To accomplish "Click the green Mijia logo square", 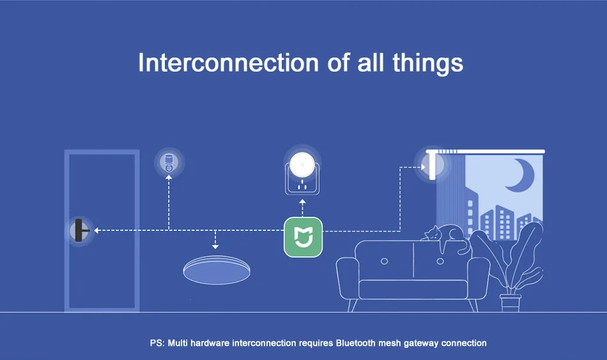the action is pyautogui.click(x=303, y=237).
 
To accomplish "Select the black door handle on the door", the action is pyautogui.click(x=80, y=230).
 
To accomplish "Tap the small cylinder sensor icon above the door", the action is pyautogui.click(x=169, y=162).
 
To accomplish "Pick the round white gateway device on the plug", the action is pyautogui.click(x=303, y=165).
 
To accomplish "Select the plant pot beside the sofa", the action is pyautogui.click(x=511, y=302).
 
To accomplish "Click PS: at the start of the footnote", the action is pyautogui.click(x=157, y=343).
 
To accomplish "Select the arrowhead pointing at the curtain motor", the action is pyautogui.click(x=416, y=168).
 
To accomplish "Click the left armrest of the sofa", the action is pyautogui.click(x=349, y=275).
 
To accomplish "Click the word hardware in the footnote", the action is pyautogui.click(x=211, y=343).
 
